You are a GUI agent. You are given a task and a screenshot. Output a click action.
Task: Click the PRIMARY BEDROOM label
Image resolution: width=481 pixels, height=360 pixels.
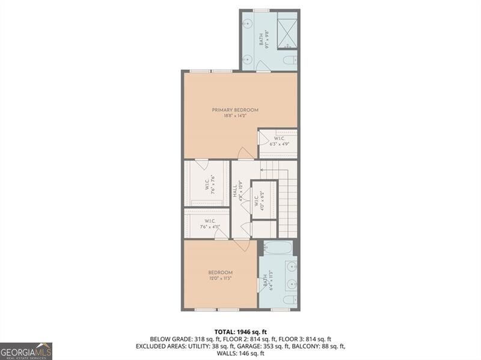pyautogui.click(x=235, y=110)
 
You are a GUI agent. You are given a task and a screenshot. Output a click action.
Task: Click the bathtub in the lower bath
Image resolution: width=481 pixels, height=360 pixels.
pyautogui.click(x=277, y=248)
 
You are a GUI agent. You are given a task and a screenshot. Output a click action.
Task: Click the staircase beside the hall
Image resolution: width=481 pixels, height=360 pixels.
pyautogui.click(x=288, y=198)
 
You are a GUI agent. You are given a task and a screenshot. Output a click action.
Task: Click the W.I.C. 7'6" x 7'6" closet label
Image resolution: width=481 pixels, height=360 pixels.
pyautogui.click(x=206, y=182)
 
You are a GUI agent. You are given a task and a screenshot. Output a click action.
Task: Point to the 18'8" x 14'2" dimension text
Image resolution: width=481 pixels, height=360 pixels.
pyautogui.click(x=235, y=117)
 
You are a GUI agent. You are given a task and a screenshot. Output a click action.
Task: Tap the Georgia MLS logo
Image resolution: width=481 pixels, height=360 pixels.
pyautogui.click(x=26, y=351)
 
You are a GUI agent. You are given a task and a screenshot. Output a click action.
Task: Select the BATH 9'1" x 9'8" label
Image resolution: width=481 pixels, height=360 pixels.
pyautogui.click(x=261, y=39)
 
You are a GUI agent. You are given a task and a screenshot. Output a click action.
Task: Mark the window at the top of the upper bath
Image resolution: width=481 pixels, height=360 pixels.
pyautogui.click(x=260, y=10)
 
